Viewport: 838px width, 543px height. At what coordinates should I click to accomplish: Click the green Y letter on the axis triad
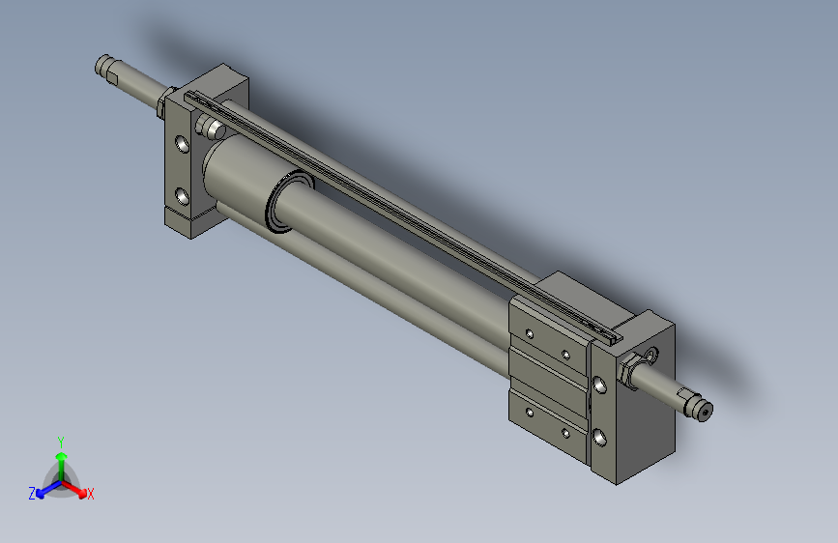point(60,441)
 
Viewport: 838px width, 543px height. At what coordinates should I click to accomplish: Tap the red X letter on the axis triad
point(91,495)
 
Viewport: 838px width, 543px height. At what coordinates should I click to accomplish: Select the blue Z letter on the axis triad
point(32,494)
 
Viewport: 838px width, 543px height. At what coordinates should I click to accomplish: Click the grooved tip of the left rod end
point(103,66)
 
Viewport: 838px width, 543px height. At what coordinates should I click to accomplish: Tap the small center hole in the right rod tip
point(705,413)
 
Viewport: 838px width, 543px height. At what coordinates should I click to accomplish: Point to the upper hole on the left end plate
point(183,146)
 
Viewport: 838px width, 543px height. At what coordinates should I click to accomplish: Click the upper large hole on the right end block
point(601,386)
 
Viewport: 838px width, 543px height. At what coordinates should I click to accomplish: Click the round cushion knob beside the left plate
point(208,127)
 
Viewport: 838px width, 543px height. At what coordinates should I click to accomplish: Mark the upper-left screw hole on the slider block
point(529,334)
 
